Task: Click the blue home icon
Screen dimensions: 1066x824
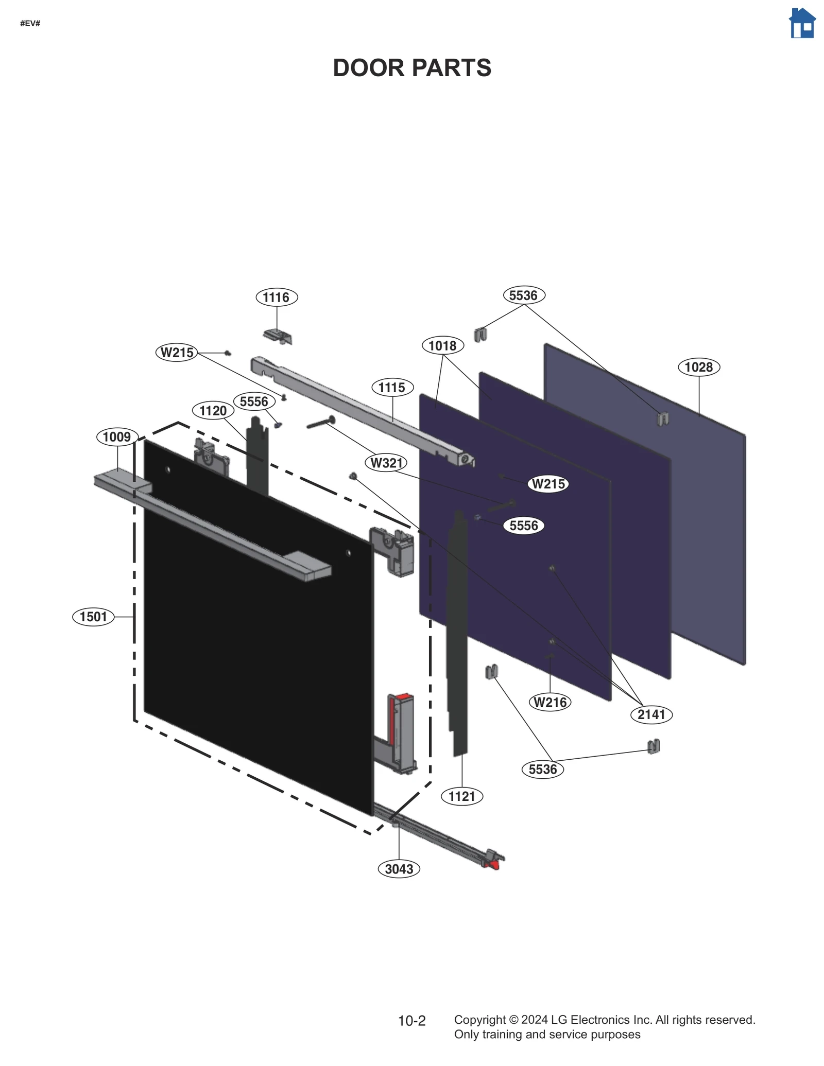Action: (802, 23)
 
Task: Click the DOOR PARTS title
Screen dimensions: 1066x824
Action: (411, 68)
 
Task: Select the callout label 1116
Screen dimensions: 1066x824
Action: (277, 297)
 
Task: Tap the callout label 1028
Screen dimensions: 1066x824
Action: (698, 367)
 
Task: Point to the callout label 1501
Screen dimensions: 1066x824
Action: (93, 616)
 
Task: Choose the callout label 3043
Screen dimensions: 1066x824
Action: (399, 869)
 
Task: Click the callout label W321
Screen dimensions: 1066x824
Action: (387, 463)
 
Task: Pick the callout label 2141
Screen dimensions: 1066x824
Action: (651, 714)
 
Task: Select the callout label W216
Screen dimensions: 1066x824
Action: (550, 702)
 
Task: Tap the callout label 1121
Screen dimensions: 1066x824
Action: (462, 796)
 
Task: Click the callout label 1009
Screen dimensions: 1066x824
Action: (117, 437)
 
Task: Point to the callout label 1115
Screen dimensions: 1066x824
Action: (392, 387)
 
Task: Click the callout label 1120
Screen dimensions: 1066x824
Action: (213, 410)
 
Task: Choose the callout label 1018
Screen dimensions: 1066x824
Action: (442, 345)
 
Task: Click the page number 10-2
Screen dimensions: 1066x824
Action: (411, 1021)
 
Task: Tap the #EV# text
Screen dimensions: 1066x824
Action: (30, 24)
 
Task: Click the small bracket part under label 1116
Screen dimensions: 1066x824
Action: (278, 337)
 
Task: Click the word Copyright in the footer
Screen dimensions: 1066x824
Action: (479, 1020)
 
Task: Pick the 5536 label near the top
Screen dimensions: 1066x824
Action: (523, 295)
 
